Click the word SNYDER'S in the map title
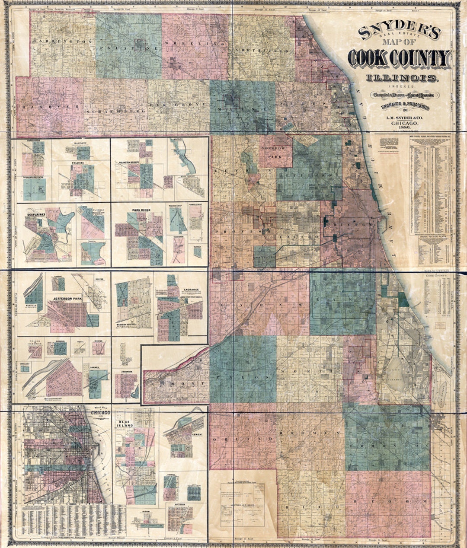399,32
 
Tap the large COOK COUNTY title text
400,58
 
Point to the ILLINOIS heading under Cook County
402,78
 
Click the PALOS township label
242,377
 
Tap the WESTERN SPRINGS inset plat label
126,324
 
